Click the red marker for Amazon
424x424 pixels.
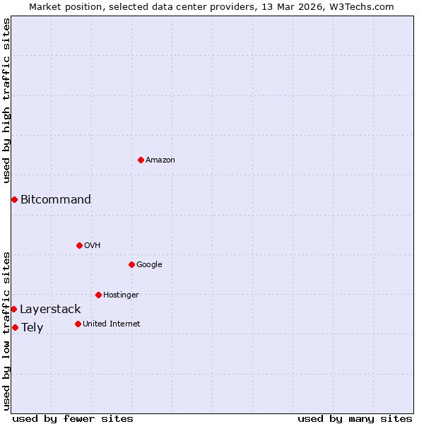tap(141, 160)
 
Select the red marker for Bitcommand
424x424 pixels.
tap(14, 199)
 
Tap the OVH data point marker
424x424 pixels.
tap(79, 245)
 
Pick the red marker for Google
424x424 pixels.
tap(131, 264)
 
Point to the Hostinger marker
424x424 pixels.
tap(98, 295)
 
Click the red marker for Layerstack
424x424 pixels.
tap(13, 309)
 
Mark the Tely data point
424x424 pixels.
tap(15, 327)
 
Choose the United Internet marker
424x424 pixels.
tap(78, 324)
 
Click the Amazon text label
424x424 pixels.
tap(160, 160)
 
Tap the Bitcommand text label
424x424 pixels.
tap(56, 199)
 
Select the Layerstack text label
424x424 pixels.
tap(50, 309)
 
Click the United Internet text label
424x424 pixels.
tap(112, 324)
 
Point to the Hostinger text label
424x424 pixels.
tap(121, 295)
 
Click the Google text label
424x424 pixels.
tap(149, 264)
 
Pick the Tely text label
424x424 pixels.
tap(32, 327)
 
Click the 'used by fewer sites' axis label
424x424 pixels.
tap(73, 418)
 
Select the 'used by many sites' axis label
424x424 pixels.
tap(355, 418)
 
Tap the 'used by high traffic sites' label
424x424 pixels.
tap(6, 100)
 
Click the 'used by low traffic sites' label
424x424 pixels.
tap(6, 330)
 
